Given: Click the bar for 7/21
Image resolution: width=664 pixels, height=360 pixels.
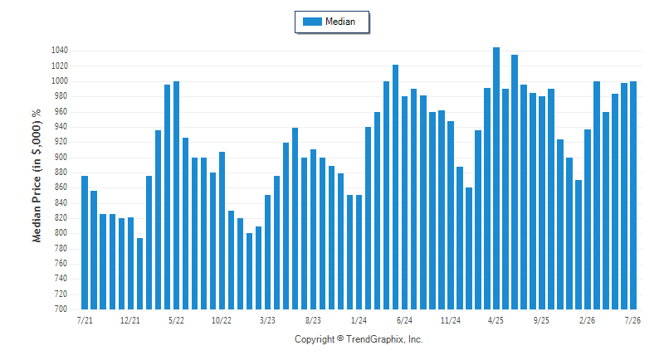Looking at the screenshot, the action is click(x=85, y=242).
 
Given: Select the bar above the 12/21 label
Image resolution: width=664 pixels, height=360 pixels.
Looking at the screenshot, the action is click(x=130, y=263).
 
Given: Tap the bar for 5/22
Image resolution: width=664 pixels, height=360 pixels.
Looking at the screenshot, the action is click(x=176, y=195).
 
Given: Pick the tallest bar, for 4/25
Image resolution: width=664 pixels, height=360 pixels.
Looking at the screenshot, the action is click(x=496, y=178).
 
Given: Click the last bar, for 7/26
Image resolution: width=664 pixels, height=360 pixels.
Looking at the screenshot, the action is click(x=633, y=195).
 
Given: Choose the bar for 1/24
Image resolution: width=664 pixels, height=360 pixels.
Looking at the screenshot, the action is click(x=359, y=252).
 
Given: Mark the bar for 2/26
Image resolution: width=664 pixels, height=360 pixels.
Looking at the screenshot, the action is click(x=588, y=219).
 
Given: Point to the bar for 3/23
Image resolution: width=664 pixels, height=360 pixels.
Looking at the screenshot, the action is click(x=267, y=252).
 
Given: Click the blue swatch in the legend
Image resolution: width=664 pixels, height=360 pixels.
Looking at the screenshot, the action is click(x=312, y=22).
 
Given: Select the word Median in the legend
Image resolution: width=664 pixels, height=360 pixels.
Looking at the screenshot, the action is click(x=340, y=22).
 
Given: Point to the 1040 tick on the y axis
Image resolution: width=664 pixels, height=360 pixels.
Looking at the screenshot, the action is click(x=59, y=51).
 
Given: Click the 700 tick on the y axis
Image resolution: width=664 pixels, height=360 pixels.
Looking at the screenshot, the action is click(x=61, y=309).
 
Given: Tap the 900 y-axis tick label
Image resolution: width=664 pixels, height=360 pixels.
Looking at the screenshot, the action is click(x=61, y=158).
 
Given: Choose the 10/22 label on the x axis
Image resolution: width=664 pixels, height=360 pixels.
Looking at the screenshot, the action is click(x=222, y=320).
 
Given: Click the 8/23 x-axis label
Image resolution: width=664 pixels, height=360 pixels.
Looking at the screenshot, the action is click(x=313, y=320).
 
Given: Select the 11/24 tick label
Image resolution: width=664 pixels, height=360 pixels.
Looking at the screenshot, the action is click(x=450, y=320).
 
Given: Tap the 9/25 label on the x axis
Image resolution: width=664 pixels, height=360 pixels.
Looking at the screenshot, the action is click(x=541, y=320).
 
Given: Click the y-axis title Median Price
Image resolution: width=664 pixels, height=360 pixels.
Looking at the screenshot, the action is click(x=37, y=209).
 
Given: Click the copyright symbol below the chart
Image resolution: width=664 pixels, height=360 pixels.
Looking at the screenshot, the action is click(x=340, y=338).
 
